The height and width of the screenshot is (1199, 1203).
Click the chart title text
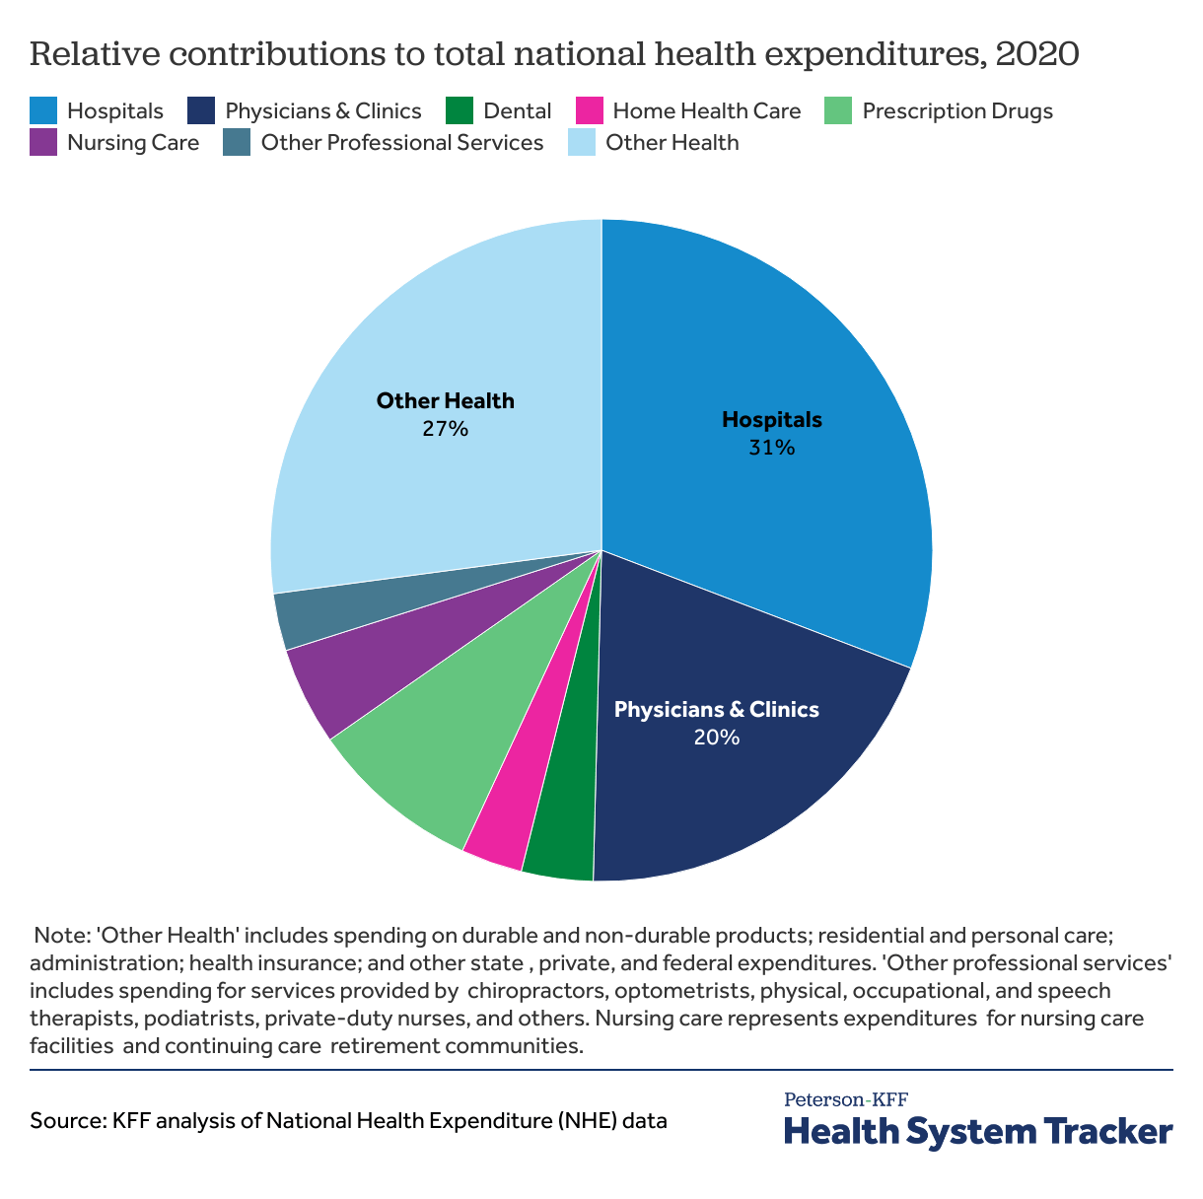pyautogui.click(x=554, y=53)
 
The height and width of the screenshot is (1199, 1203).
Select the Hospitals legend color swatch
pyautogui.click(x=43, y=110)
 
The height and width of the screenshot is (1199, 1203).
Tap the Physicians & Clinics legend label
pyautogui.click(x=323, y=110)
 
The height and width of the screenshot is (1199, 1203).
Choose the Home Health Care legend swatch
pyautogui.click(x=590, y=110)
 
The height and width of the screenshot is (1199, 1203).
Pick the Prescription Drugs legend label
pyautogui.click(x=957, y=110)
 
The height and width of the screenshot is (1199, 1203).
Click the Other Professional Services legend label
pyautogui.click(x=402, y=143)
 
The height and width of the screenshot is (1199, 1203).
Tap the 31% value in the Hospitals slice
pyautogui.click(x=771, y=448)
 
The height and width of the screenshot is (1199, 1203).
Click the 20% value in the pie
pyautogui.click(x=716, y=738)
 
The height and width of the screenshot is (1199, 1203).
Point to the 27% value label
pyautogui.click(x=445, y=429)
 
